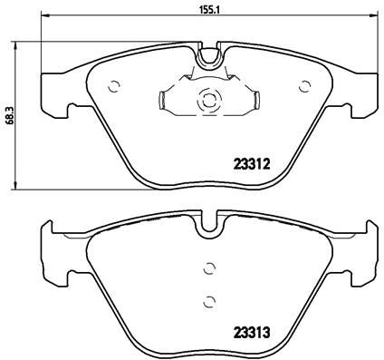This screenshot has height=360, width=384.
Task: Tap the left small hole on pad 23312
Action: tap(113, 87)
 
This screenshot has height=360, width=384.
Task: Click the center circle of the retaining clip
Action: tap(207, 101)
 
